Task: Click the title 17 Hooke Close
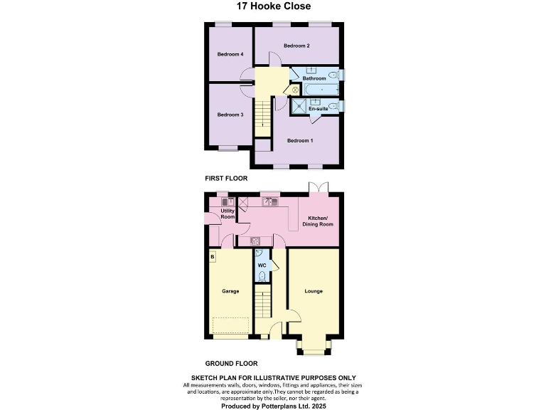[273, 6]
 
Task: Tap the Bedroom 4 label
[230, 55]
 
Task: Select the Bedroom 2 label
[296, 46]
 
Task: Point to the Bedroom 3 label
[230, 115]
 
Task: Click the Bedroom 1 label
[300, 141]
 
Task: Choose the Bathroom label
[314, 78]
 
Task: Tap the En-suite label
[328, 108]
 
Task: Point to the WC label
[261, 266]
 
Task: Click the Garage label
[230, 291]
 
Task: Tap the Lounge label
[314, 291]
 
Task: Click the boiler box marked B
[212, 256]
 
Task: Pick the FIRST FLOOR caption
[226, 179]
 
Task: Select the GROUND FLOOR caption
[231, 362]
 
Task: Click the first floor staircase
[263, 115]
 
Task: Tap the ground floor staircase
[263, 303]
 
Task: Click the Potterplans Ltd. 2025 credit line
[273, 405]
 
